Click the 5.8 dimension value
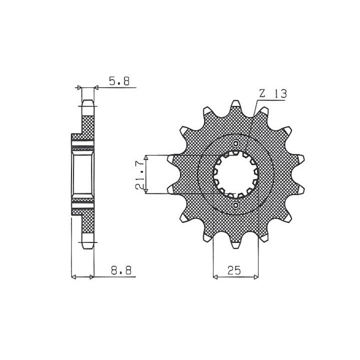pos(119,81)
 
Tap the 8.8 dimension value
pos(121,270)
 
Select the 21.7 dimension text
pos(140,174)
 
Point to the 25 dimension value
pos(234,270)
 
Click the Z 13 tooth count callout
pos(273,93)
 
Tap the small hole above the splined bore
pos(235,144)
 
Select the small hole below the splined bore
pos(235,204)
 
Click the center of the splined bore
pos(236,174)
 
